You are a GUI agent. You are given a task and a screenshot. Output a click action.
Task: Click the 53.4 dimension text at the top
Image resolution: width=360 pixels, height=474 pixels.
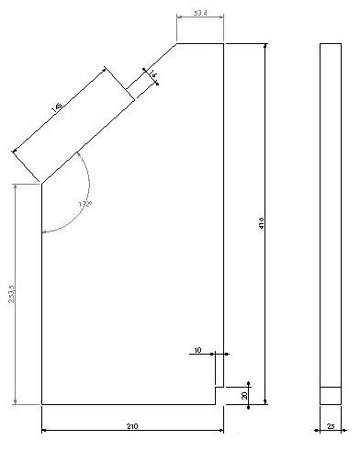199,14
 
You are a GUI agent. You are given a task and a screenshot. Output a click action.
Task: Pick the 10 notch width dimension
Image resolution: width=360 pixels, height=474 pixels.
197,350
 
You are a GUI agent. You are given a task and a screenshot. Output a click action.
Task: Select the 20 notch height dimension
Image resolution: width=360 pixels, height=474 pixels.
244,394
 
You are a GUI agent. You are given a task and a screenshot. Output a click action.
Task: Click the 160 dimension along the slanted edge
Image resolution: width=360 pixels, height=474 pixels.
59,107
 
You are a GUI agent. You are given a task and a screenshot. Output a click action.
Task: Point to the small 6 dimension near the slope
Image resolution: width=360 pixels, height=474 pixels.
152,73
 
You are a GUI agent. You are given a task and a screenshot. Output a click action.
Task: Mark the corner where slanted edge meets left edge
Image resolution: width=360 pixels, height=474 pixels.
42,184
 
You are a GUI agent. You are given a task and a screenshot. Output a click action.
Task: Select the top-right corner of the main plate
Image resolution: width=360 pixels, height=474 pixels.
224,43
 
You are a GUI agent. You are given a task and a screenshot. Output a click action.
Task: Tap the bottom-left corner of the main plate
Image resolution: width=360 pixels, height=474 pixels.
42,403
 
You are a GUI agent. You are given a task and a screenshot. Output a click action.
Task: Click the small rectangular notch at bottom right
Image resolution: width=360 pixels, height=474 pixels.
219,395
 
